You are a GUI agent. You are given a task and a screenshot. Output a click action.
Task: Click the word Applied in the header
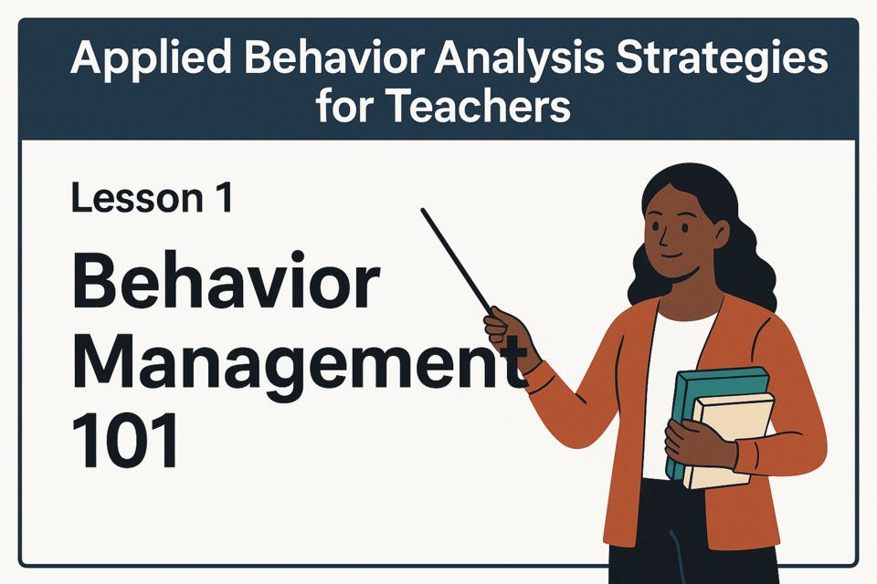pyautogui.click(x=151, y=59)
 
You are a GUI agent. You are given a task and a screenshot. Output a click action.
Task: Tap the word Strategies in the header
pyautogui.click(x=722, y=59)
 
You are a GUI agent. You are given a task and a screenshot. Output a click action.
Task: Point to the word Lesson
pyautogui.click(x=137, y=198)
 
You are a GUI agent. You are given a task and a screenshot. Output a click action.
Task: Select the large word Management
pyautogui.click(x=300, y=360)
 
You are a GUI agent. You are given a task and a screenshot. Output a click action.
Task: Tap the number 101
pyautogui.click(x=125, y=440)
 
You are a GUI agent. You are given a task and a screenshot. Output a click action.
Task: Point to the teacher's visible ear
pyautogui.click(x=721, y=234)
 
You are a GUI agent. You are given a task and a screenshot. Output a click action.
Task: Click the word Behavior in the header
pyautogui.click(x=333, y=59)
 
